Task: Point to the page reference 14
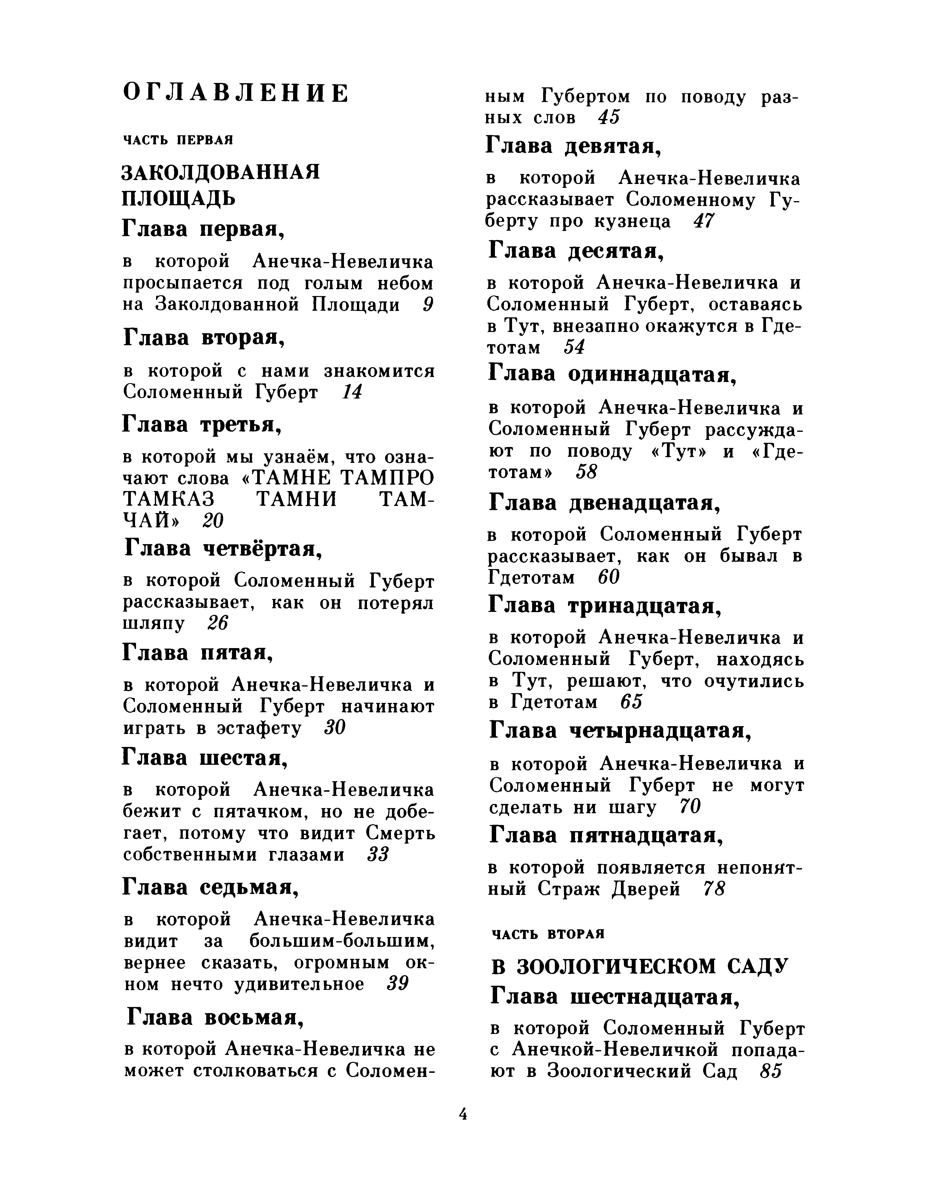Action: (x=352, y=392)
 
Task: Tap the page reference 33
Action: (x=377, y=855)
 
